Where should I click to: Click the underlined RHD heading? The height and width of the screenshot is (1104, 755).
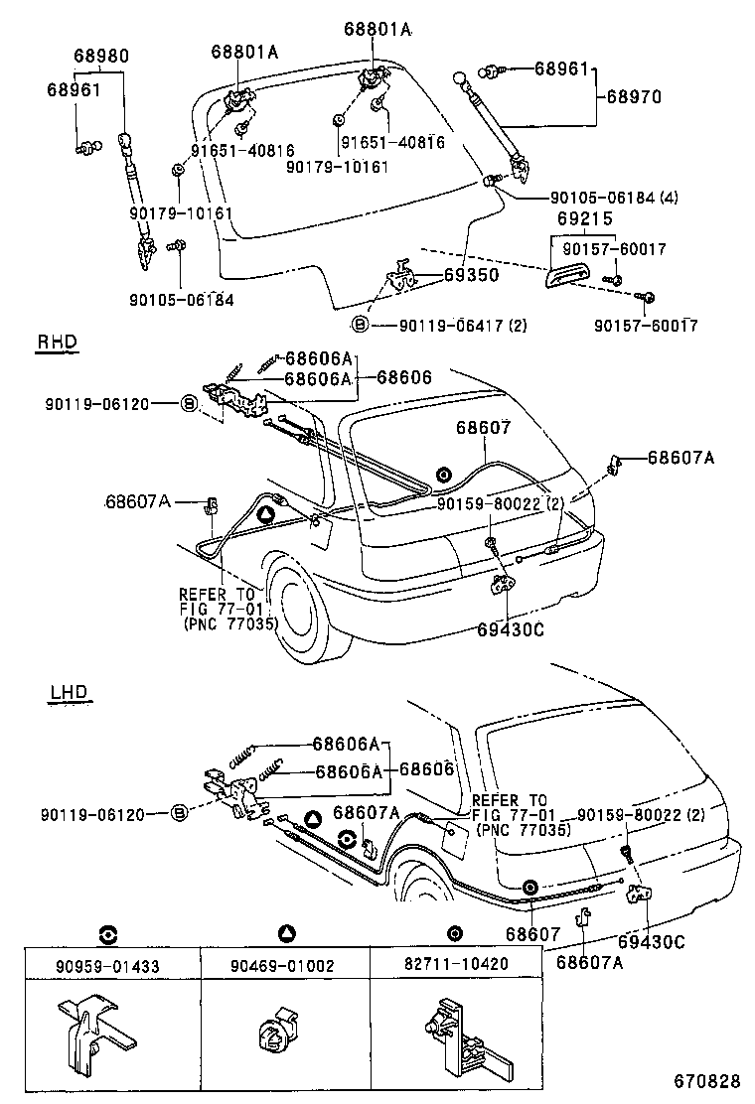tap(57, 343)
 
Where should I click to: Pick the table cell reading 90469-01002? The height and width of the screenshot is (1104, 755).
tap(285, 965)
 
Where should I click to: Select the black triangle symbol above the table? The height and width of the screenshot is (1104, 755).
tap(285, 933)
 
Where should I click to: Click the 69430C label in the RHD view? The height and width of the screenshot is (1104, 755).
tap(510, 629)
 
